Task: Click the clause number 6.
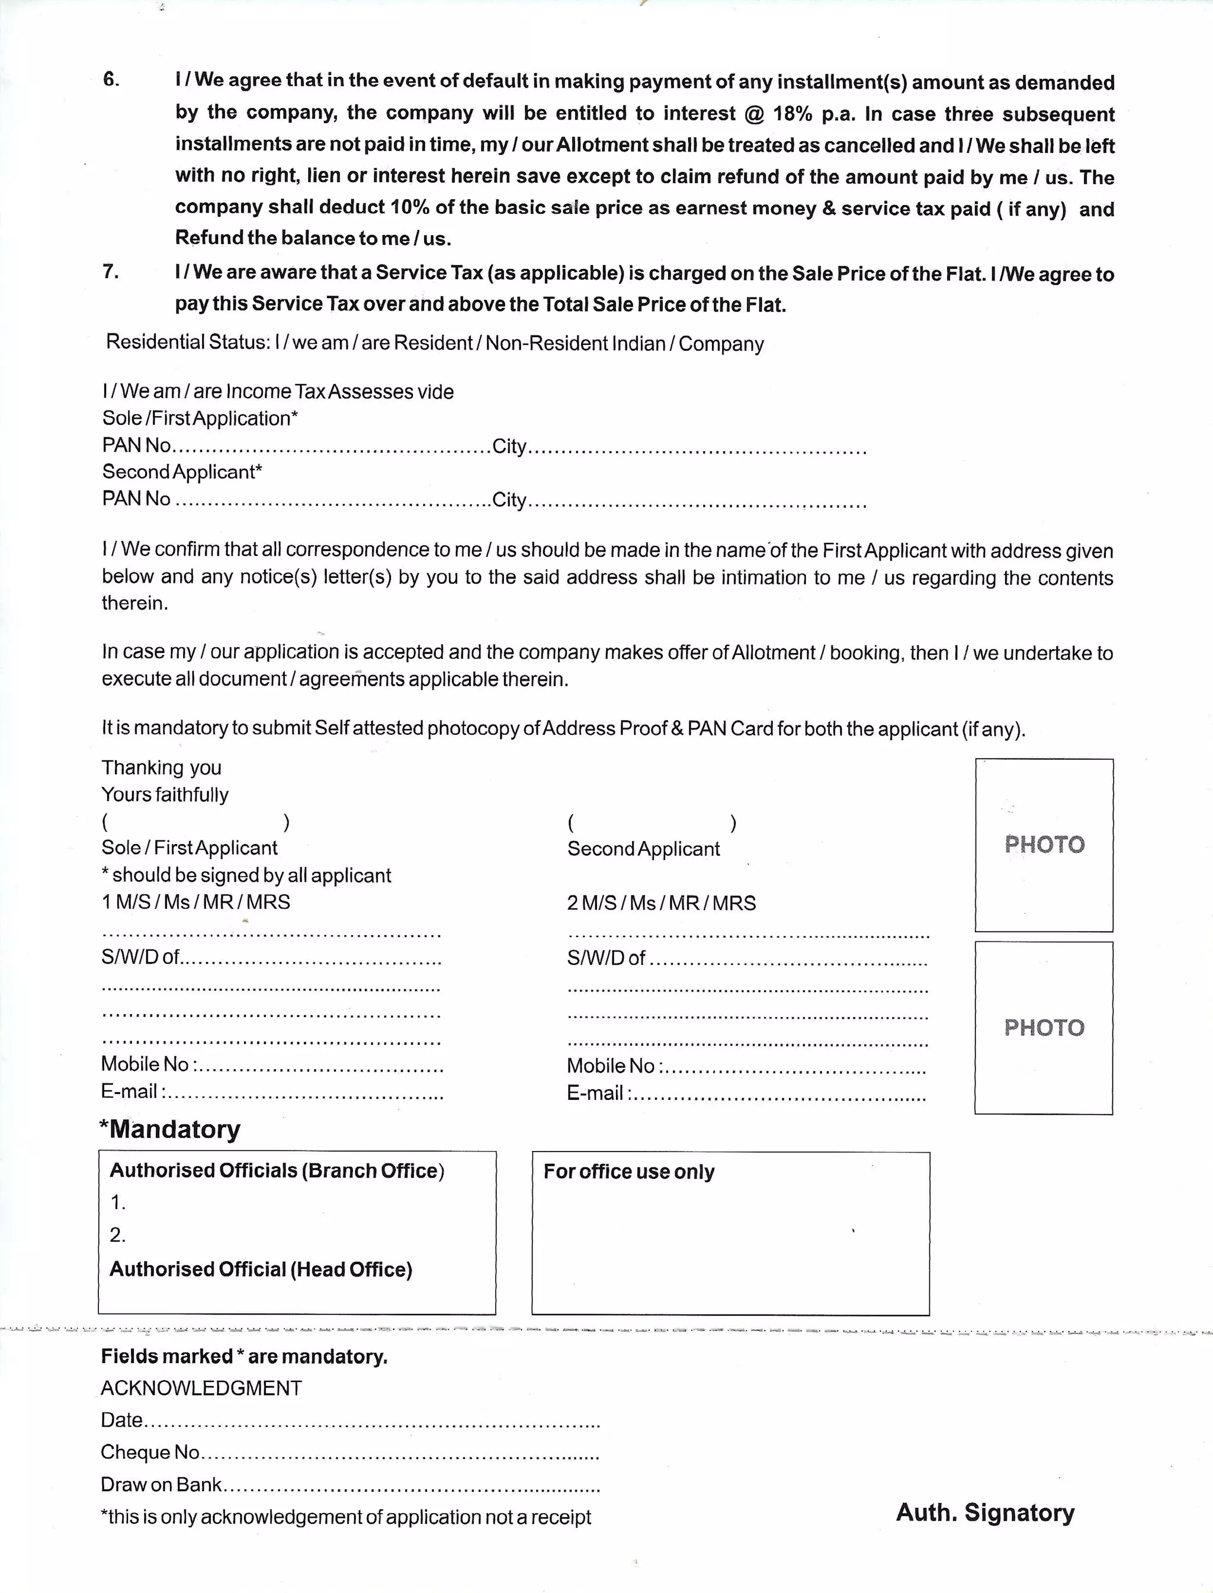(111, 79)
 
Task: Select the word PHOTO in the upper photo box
(1044, 845)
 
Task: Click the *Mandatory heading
(171, 1129)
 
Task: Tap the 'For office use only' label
(629, 1171)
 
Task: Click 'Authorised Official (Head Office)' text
(261, 1269)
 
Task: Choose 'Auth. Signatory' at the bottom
(985, 1512)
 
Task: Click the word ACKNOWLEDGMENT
(201, 1388)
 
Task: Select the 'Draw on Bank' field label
(161, 1484)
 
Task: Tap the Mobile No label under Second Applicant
(610, 1066)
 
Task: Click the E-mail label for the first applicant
(130, 1091)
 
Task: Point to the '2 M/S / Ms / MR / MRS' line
(662, 903)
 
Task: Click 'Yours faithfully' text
(165, 795)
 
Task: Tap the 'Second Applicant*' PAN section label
(182, 472)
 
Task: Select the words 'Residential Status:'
(188, 342)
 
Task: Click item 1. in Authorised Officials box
(118, 1203)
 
